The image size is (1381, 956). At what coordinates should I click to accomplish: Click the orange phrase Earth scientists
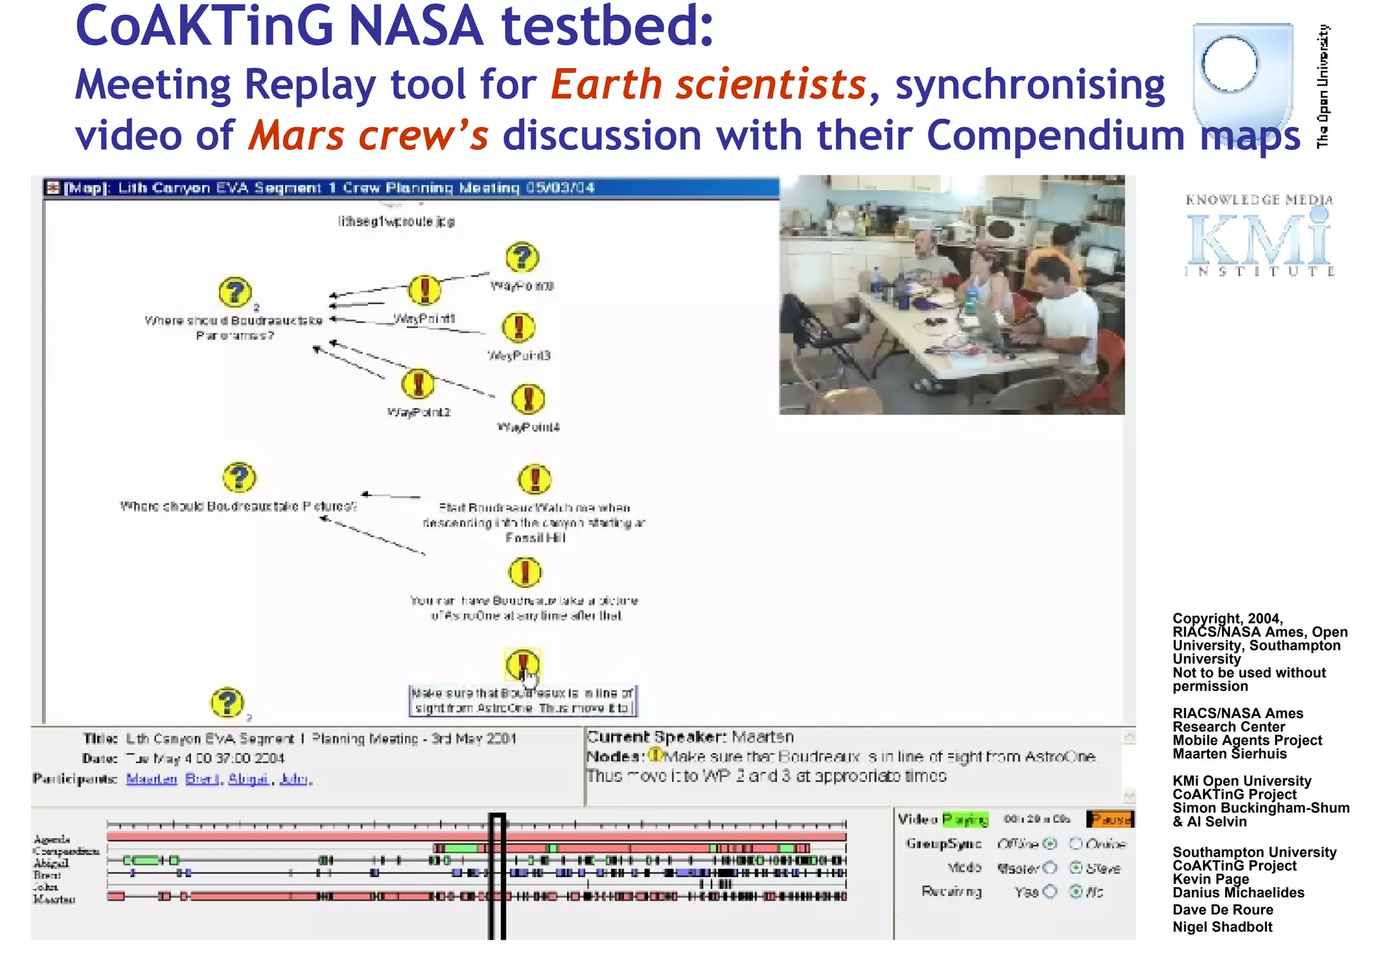(x=708, y=85)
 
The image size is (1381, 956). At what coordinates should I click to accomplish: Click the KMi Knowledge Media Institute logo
(x=1259, y=235)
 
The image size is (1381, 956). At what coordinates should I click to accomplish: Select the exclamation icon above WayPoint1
(x=425, y=291)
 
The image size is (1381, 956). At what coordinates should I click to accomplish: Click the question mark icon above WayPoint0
(x=522, y=258)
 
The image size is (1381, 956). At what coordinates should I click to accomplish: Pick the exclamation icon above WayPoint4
(x=528, y=399)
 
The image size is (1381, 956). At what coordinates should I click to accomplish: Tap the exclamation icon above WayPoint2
(x=418, y=384)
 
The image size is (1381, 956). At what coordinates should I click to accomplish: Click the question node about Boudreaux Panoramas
(x=235, y=293)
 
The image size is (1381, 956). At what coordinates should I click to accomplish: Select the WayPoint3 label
(x=519, y=355)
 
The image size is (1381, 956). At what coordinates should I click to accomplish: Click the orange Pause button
(x=1110, y=819)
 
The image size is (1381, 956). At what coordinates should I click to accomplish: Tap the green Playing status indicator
(x=965, y=819)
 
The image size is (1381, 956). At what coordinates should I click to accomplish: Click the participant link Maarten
(x=151, y=779)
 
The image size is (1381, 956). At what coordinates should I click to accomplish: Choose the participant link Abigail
(x=248, y=779)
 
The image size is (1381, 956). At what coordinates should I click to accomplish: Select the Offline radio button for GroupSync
(x=1049, y=844)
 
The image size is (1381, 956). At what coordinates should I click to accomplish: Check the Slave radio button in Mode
(x=1076, y=868)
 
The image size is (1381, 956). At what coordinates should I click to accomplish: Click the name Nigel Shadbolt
(x=1222, y=927)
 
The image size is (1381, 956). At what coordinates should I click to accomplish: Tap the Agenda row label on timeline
(x=52, y=839)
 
